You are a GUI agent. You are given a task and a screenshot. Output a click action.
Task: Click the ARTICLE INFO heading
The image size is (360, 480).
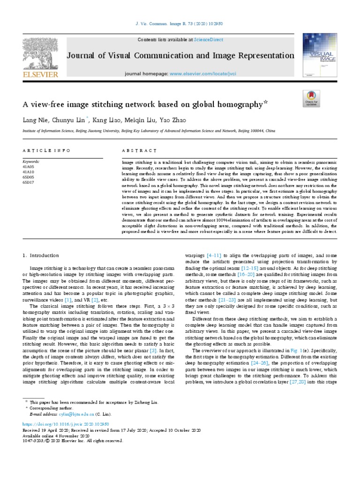[x=46, y=150]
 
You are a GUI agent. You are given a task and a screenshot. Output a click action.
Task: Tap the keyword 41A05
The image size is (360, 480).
[x=28, y=166]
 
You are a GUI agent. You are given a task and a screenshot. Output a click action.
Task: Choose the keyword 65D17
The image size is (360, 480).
[x=28, y=182]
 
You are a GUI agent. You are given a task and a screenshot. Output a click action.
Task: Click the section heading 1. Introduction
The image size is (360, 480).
[x=41, y=255]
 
